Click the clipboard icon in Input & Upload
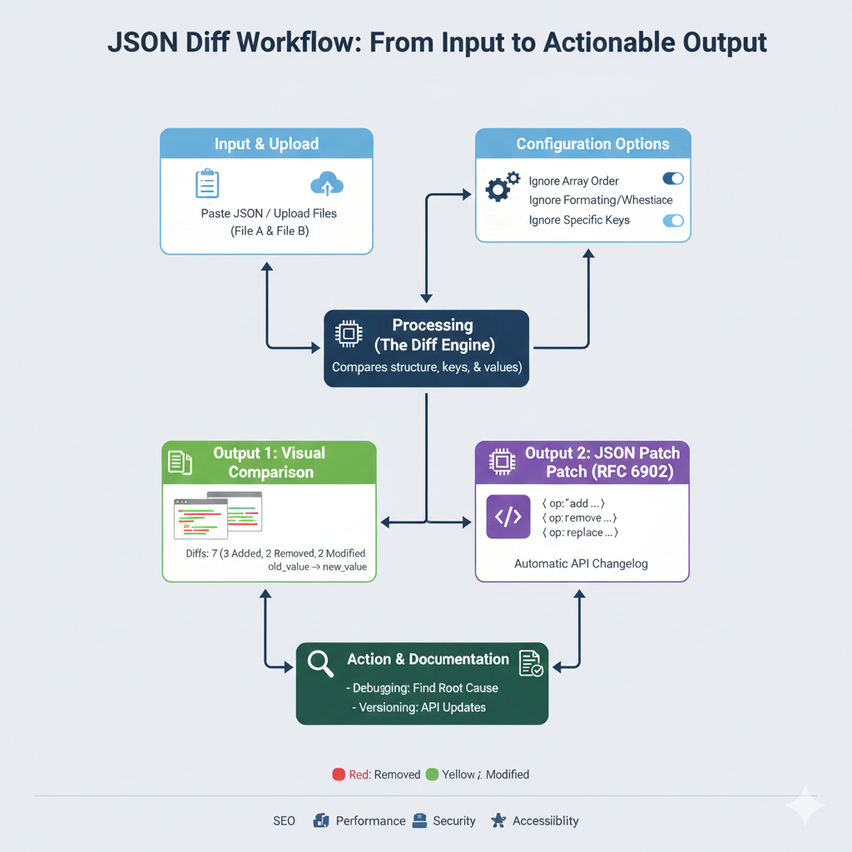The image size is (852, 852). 206,184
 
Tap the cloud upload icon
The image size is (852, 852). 326,184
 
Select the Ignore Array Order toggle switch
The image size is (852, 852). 672,179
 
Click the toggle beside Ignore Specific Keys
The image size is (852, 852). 672,220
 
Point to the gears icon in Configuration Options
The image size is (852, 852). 502,186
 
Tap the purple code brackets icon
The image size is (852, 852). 508,517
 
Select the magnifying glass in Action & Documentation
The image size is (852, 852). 320,662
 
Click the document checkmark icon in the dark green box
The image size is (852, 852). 530,663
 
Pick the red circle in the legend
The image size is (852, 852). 339,774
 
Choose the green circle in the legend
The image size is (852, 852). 432,774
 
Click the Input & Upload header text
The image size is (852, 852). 266,144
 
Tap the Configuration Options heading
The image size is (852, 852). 592,144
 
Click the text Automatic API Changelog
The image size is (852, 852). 581,563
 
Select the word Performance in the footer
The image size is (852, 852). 370,820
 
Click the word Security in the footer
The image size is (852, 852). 454,820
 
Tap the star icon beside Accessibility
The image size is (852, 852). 498,820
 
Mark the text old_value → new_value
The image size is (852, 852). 317,567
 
